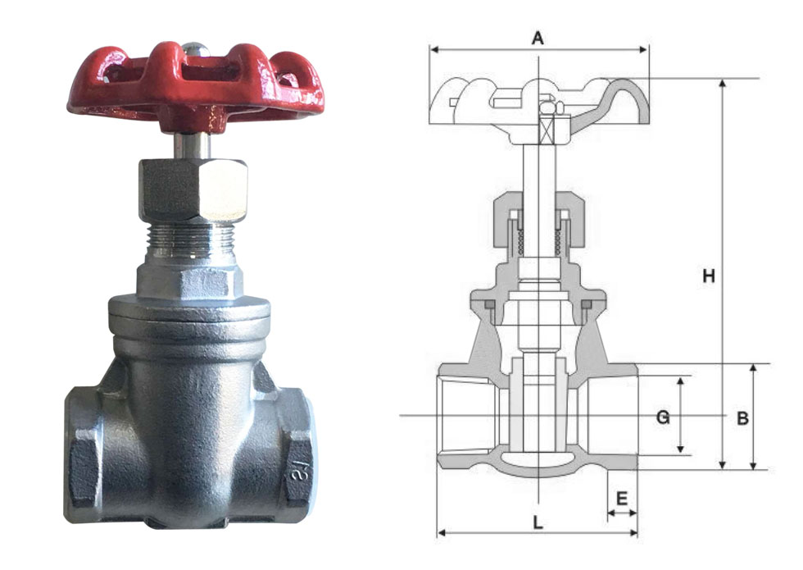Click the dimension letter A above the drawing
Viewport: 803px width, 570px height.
(538, 38)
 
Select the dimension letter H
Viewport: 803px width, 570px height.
(709, 276)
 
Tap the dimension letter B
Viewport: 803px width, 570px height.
(742, 418)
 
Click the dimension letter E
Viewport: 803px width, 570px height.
(621, 498)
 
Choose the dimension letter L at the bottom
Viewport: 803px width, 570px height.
(538, 522)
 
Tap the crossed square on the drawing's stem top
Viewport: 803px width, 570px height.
(548, 128)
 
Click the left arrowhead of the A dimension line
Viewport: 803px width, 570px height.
(433, 50)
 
